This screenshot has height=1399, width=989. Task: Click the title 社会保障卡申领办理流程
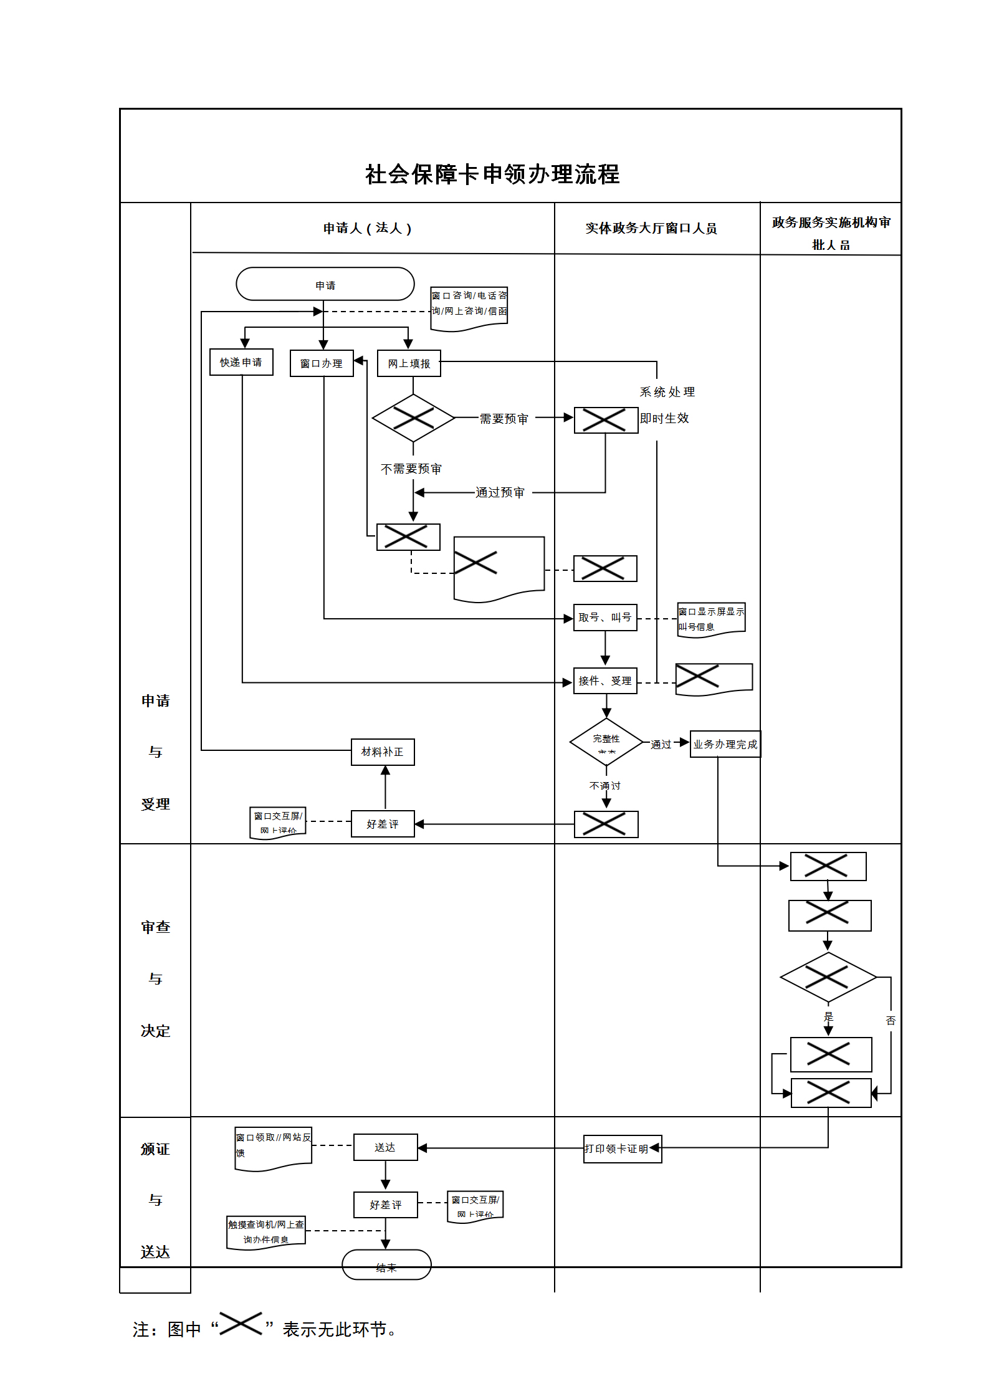(492, 174)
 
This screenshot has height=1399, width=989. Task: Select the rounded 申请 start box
(325, 285)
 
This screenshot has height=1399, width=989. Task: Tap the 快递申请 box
(241, 362)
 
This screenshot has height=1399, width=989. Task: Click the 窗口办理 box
(322, 363)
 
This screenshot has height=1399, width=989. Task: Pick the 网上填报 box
(409, 363)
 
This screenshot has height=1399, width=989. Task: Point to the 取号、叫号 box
(604, 618)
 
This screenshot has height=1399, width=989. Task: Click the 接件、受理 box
(604, 681)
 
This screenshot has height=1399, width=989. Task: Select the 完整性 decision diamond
(606, 742)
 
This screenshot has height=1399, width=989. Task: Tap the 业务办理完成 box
(725, 744)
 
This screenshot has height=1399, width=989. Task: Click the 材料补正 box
(383, 752)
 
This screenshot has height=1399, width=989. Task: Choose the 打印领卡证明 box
(622, 1148)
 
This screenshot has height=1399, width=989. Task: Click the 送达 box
(385, 1147)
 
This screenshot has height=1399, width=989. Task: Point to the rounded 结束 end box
(386, 1265)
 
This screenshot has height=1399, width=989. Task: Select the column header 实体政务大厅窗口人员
(651, 229)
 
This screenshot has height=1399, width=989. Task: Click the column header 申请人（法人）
(367, 229)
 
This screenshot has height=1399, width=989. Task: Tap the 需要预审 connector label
(504, 419)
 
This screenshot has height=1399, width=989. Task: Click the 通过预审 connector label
(500, 493)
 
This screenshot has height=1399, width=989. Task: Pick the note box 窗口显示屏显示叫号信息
(711, 619)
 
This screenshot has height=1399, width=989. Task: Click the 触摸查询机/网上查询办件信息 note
(266, 1232)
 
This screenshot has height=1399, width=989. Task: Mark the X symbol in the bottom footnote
(241, 1323)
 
